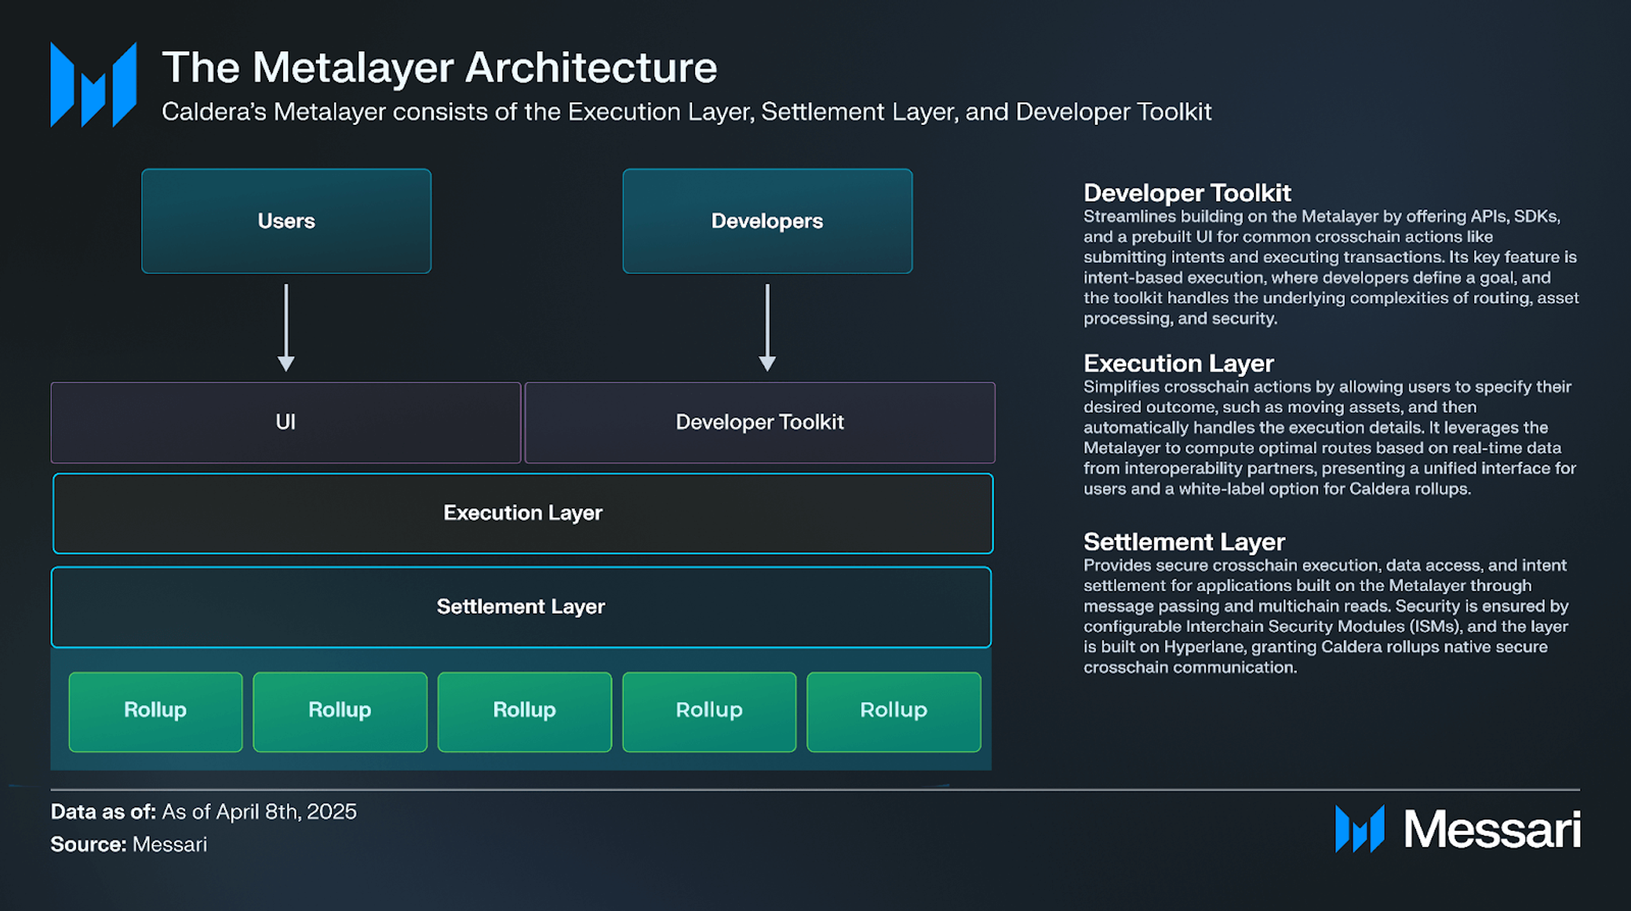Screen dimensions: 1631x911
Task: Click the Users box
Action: coord(286,221)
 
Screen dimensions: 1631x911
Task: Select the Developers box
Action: coord(768,221)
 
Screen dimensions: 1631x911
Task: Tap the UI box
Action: coord(286,423)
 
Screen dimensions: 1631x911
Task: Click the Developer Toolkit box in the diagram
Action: coord(760,423)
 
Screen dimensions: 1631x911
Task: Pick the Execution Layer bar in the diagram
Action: coord(523,513)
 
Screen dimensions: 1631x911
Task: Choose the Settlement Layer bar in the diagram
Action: coord(521,607)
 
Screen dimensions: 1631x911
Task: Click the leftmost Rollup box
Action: coord(155,711)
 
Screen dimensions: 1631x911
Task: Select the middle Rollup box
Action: coord(525,711)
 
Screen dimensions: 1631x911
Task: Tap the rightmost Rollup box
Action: coord(894,711)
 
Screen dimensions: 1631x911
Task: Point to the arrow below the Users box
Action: coord(286,328)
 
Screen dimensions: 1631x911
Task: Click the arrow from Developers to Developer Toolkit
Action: coord(768,328)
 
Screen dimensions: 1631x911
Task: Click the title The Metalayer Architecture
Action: coord(439,67)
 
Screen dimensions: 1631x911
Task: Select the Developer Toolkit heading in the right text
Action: coord(1187,193)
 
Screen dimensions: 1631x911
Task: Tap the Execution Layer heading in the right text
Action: coord(1179,363)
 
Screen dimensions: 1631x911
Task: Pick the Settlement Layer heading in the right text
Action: coord(1184,542)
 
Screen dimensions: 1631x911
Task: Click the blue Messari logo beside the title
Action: coord(94,85)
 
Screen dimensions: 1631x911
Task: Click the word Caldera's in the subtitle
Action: coord(215,112)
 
